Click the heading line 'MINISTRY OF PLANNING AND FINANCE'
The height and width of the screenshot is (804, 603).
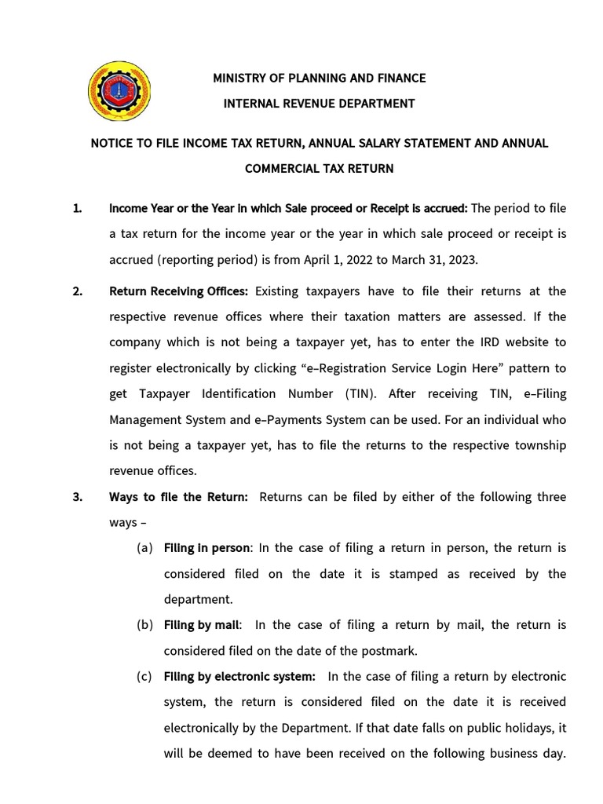click(x=320, y=78)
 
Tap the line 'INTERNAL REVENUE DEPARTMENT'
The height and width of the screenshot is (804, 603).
click(x=320, y=103)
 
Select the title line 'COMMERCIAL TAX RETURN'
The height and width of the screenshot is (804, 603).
click(x=320, y=168)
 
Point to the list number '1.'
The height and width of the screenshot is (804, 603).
click(x=77, y=208)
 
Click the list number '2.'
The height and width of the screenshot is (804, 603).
click(x=77, y=291)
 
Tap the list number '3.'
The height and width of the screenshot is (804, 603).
click(x=77, y=497)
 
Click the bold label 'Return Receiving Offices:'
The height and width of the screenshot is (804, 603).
click(x=178, y=291)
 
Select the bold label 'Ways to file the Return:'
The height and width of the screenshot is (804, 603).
click(x=178, y=497)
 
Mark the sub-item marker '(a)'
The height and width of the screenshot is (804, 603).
click(x=144, y=548)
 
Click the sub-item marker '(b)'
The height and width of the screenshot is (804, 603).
click(x=144, y=625)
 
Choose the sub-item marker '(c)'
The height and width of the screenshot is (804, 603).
click(x=144, y=676)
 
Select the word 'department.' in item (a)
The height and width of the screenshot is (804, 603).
click(x=199, y=599)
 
